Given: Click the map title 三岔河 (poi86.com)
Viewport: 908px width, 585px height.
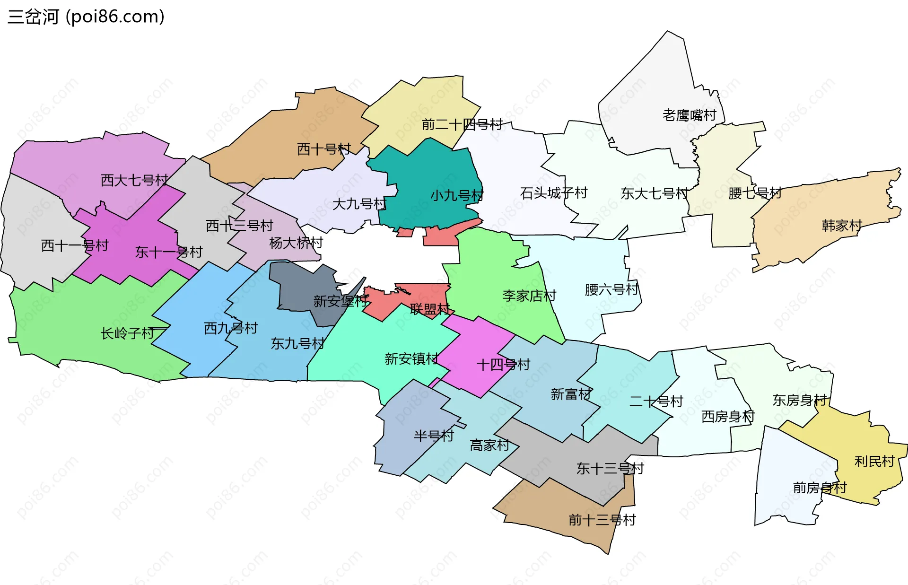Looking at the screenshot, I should coord(86,17).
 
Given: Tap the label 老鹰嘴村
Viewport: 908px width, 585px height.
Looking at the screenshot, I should coord(689,115).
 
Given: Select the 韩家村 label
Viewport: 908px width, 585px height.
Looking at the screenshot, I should coord(842,225).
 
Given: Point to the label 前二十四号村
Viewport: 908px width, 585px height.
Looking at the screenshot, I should coord(462,125).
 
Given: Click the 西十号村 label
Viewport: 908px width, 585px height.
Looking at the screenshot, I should coord(324,149).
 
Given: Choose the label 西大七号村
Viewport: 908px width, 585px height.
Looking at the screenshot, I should coord(134,180).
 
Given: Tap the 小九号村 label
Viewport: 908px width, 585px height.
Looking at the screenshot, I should coord(457,195).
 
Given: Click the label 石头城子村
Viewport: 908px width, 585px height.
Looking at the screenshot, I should coord(553,193).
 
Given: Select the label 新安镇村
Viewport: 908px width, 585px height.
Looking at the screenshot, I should coord(411,359).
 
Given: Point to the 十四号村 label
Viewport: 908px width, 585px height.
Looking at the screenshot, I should coord(503,365).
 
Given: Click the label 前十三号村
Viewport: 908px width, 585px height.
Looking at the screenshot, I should coord(602,520).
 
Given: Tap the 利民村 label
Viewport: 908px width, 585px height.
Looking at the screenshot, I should coord(874,461).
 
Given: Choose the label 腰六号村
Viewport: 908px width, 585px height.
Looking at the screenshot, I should coord(611,289).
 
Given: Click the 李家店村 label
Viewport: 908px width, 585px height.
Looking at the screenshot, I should coord(529,296).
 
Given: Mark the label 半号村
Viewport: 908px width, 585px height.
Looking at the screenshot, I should coord(434,436).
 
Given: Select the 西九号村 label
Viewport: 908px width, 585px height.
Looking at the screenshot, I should coord(230,328).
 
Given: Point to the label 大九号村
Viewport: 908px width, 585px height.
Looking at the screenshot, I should coord(359,204).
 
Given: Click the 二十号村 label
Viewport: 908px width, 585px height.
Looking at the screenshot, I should coord(656,402).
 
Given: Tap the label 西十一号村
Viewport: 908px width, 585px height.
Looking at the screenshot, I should coord(75,245).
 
